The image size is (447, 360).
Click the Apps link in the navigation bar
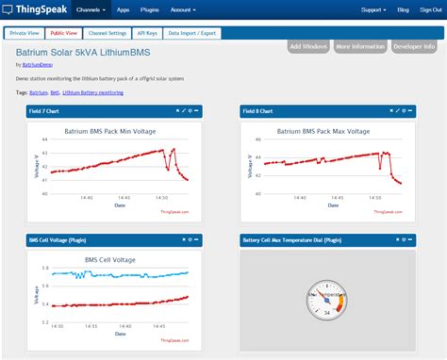tap(124, 9)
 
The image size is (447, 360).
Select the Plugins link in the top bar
tap(151, 9)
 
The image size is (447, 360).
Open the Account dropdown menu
tap(185, 9)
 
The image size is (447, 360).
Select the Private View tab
tap(25, 32)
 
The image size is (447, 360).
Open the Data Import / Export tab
tap(192, 32)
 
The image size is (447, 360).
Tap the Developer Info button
tap(415, 46)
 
